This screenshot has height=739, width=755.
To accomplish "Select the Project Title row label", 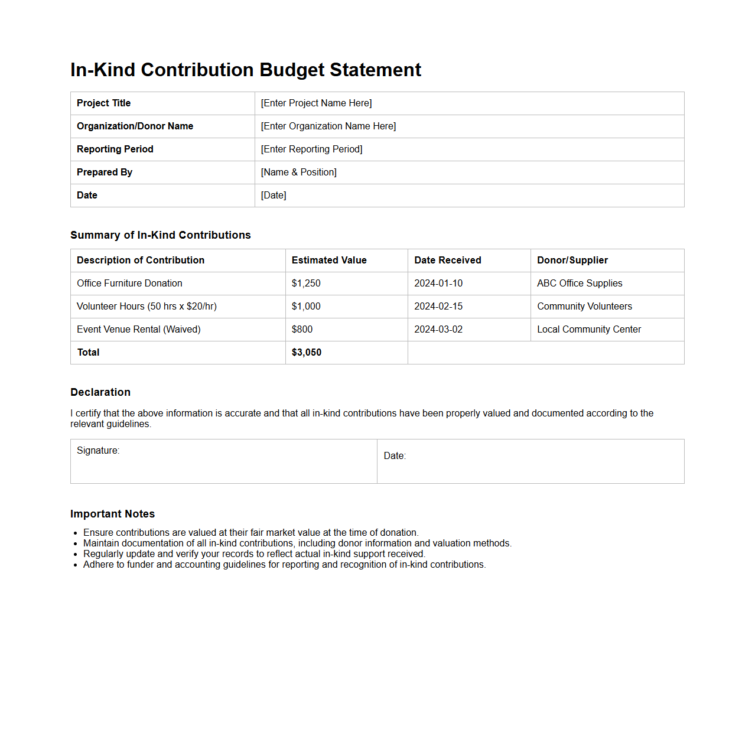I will click(x=103, y=103).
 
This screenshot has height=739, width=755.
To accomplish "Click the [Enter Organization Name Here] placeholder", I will click(x=328, y=126).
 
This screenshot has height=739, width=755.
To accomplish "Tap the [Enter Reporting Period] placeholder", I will click(x=311, y=149).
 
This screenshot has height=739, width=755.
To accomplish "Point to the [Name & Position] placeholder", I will click(x=298, y=172).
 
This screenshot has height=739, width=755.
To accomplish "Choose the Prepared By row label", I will click(x=105, y=172).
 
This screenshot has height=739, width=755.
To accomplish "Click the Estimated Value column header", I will click(x=329, y=261).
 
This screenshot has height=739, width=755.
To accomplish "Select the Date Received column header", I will click(x=447, y=261).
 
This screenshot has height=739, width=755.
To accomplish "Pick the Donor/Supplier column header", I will click(x=572, y=261).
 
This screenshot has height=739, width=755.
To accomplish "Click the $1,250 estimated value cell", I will click(x=306, y=284).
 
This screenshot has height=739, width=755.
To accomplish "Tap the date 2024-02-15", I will click(x=438, y=307).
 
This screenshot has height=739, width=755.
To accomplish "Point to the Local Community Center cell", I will click(x=588, y=330).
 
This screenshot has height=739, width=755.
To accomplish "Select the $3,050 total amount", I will click(x=307, y=353).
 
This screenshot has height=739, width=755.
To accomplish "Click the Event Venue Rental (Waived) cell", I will click(x=139, y=330).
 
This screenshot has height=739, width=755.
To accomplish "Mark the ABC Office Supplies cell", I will click(x=580, y=284).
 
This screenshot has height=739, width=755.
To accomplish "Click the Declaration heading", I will click(x=100, y=392).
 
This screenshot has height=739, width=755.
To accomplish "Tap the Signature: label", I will click(x=98, y=451).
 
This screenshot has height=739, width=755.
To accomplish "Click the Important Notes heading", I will click(x=112, y=514).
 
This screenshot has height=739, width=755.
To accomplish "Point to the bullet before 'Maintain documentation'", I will click(x=76, y=544).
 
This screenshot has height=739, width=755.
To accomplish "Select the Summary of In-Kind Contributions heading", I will click(x=160, y=235).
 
